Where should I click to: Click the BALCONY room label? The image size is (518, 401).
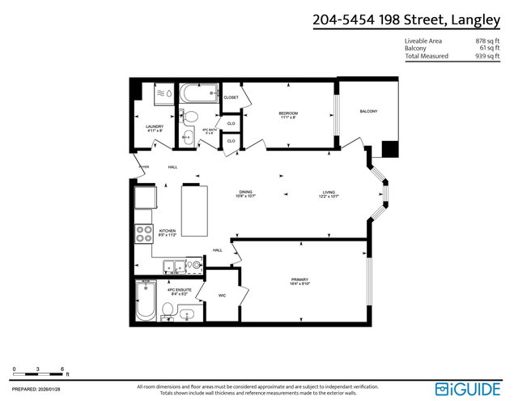click(368, 111)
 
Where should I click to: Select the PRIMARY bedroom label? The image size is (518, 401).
click(300, 280)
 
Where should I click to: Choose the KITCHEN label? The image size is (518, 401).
click(168, 232)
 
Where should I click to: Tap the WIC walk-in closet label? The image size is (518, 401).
click(223, 296)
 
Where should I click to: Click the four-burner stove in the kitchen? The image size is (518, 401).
click(144, 233)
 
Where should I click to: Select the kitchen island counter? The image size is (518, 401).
click(193, 208)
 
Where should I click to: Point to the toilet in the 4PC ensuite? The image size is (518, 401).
click(168, 309)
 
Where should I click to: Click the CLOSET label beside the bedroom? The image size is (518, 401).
click(231, 97)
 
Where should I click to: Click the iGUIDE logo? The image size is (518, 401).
click(468, 388)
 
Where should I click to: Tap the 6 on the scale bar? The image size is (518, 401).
click(63, 369)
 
